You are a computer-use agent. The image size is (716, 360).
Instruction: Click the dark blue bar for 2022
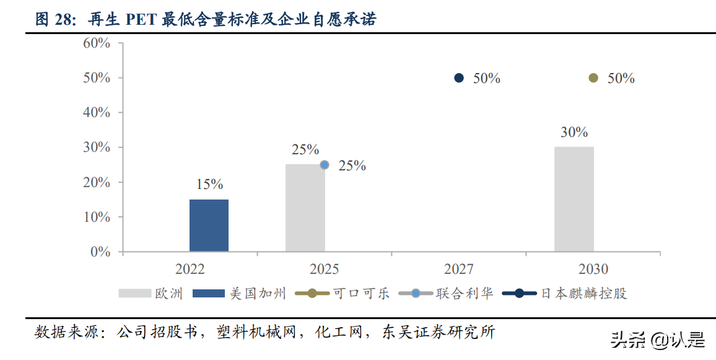pos(209,226)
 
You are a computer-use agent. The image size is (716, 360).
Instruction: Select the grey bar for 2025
pos(305,208)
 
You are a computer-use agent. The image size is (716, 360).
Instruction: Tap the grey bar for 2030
pos(574,200)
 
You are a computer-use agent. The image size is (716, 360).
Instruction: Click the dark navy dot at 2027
pos(459,78)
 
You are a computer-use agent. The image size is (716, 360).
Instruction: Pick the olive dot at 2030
pos(593,78)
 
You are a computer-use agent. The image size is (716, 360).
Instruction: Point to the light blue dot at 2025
pos(325,165)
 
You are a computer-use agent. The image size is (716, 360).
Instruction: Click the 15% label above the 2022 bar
pos(209,185)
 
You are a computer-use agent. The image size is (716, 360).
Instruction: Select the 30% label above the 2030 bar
pos(574,132)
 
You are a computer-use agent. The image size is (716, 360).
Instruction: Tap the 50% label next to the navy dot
pos(486,79)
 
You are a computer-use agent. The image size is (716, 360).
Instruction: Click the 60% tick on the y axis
pos(97,43)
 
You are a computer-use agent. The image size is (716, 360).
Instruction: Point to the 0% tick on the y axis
pos(100,252)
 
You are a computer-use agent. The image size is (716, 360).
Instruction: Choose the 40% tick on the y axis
pos(97,113)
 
